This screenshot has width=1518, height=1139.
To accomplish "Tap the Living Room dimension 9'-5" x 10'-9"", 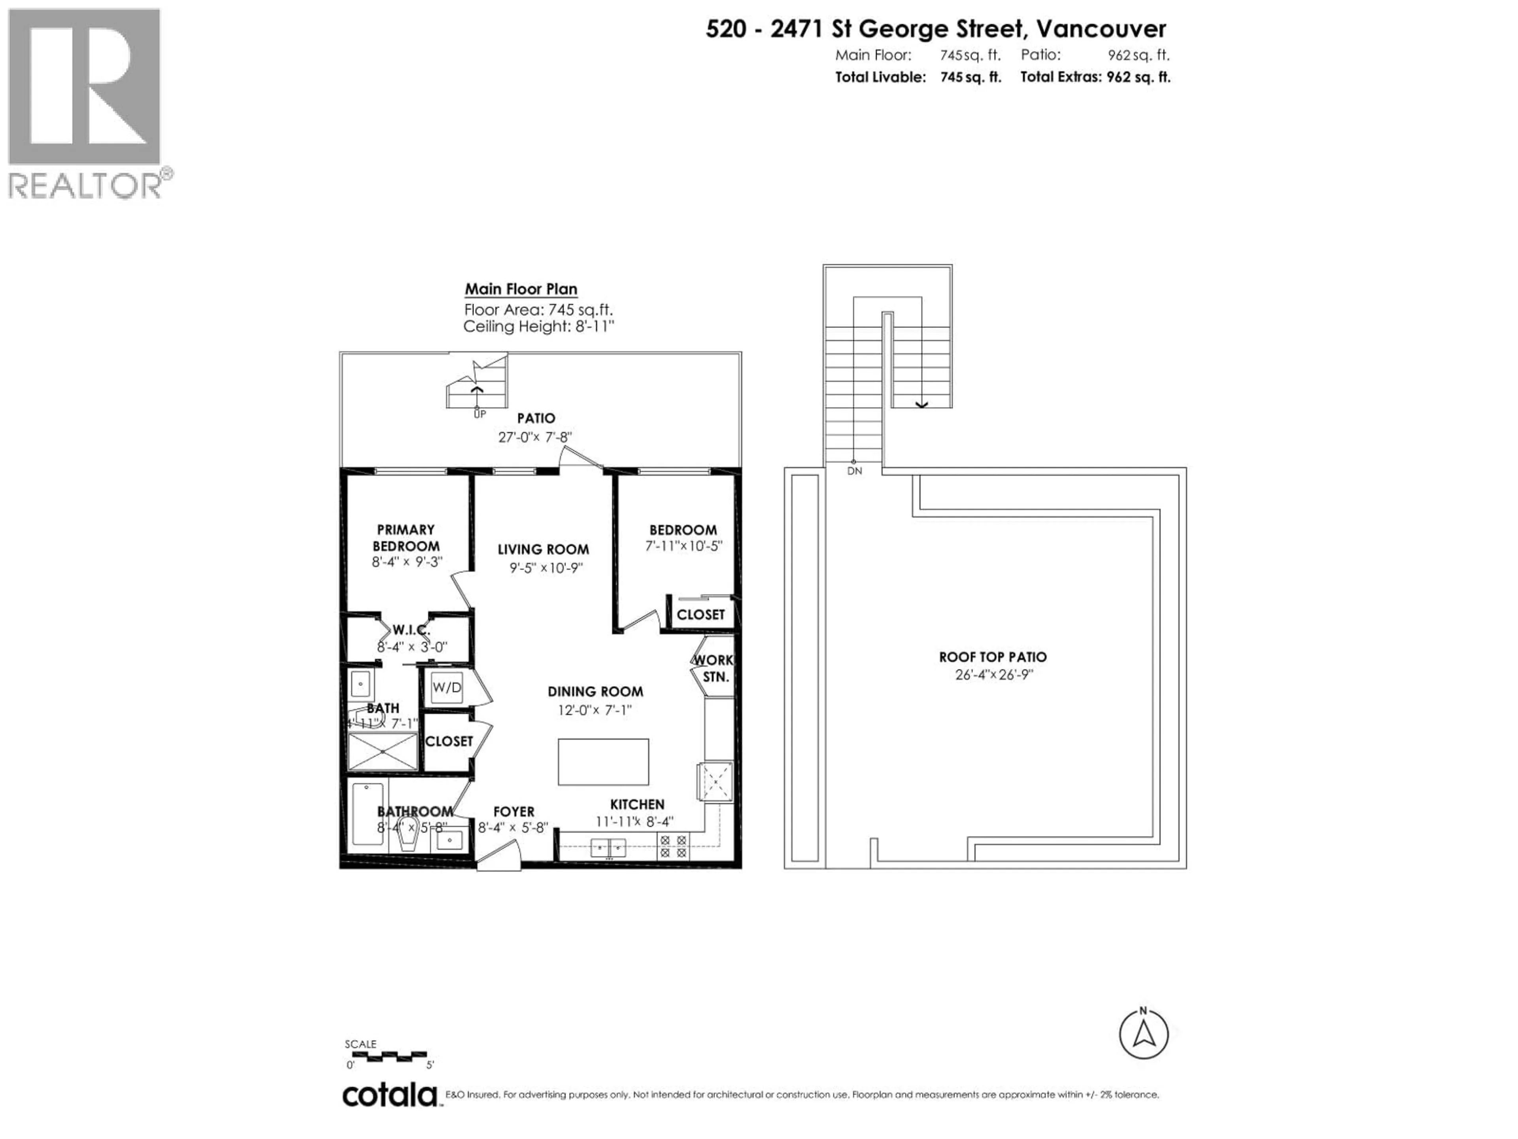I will tap(546, 568).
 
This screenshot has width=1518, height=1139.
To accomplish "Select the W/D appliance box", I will tap(447, 687).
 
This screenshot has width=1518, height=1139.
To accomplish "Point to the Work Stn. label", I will tap(714, 668).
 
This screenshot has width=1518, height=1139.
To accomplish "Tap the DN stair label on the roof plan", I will tap(854, 471).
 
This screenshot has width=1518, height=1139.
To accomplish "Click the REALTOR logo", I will tap(85, 103).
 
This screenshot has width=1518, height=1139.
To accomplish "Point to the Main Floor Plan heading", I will tap(521, 289).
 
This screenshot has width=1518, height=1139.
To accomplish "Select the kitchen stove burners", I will tap(672, 846).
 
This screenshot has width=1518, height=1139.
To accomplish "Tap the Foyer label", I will tap(514, 812).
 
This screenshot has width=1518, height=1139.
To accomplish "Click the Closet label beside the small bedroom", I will tap(700, 615).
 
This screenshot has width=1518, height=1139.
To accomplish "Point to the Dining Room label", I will tap(595, 691).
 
